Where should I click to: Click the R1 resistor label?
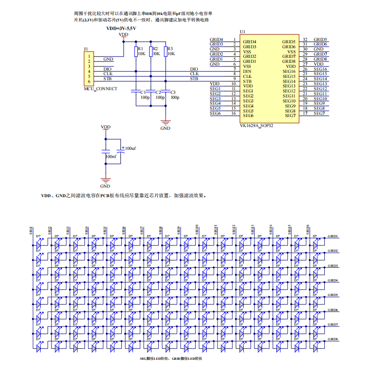(x=140, y=48)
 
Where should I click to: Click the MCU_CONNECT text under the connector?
(x=100, y=88)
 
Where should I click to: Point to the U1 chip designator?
(x=242, y=31)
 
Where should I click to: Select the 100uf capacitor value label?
(x=130, y=148)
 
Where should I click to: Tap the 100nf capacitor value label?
(x=111, y=156)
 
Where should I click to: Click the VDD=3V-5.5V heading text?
(x=121, y=28)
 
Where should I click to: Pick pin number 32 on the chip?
(x=305, y=40)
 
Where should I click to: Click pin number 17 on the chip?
(x=305, y=113)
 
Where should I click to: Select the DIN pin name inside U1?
(x=247, y=72)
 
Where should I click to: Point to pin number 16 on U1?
(x=234, y=113)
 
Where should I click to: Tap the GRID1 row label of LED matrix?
(x=332, y=236)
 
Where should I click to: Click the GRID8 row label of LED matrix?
(x=332, y=339)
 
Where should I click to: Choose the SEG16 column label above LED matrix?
(x=308, y=230)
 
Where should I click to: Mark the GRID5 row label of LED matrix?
(x=332, y=295)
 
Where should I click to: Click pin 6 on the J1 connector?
(x=89, y=82)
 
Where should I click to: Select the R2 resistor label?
(x=156, y=48)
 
